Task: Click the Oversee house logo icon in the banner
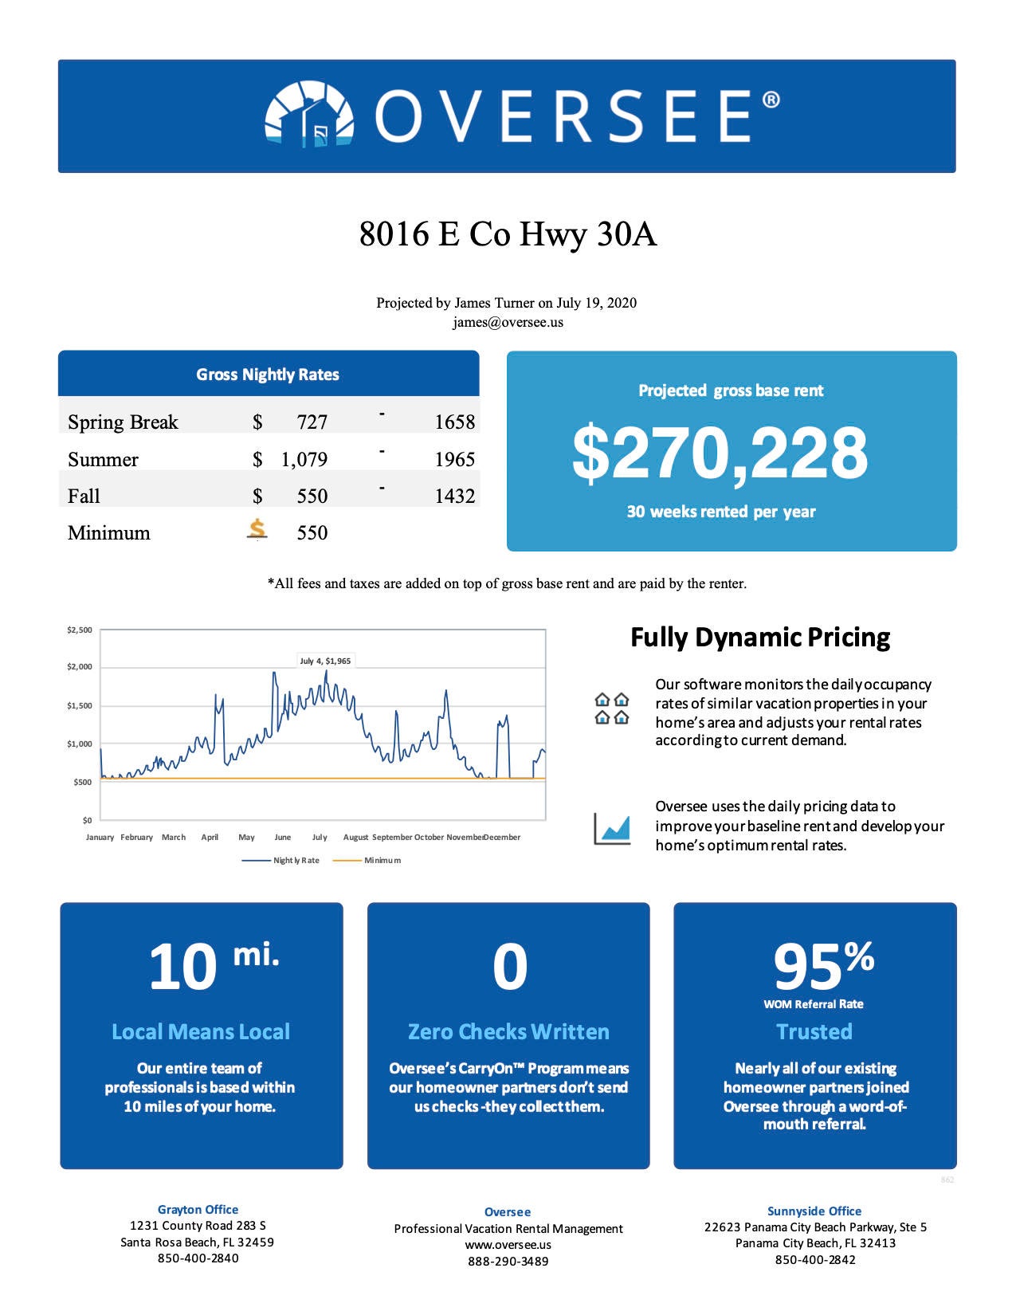pyautogui.click(x=309, y=114)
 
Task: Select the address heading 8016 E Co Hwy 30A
pyautogui.click(x=508, y=234)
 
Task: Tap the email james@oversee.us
pyautogui.click(x=508, y=322)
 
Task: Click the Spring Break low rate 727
pyautogui.click(x=312, y=422)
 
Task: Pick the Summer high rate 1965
pyautogui.click(x=454, y=459)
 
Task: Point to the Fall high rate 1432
pyautogui.click(x=454, y=497)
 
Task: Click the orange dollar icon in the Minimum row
pyautogui.click(x=257, y=529)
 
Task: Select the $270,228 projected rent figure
pyautogui.click(x=720, y=453)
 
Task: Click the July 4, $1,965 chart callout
pyautogui.click(x=325, y=661)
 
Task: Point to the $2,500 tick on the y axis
pyautogui.click(x=79, y=630)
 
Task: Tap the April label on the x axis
pyautogui.click(x=210, y=837)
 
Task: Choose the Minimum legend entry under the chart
pyautogui.click(x=367, y=860)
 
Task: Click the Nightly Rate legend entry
pyautogui.click(x=280, y=860)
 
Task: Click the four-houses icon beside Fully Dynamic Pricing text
pyautogui.click(x=612, y=709)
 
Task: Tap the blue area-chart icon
pyautogui.click(x=612, y=829)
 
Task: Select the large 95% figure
pyautogui.click(x=824, y=965)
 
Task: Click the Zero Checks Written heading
pyautogui.click(x=508, y=1031)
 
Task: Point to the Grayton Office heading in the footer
pyautogui.click(x=198, y=1209)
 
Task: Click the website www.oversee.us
pyautogui.click(x=508, y=1245)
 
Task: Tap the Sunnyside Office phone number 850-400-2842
pyautogui.click(x=815, y=1260)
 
